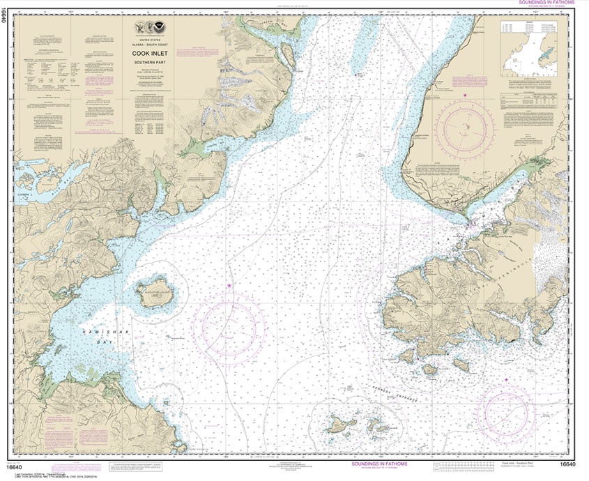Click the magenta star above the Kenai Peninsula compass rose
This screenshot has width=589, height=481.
point(466,93)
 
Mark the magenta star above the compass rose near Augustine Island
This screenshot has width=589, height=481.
point(228,286)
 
